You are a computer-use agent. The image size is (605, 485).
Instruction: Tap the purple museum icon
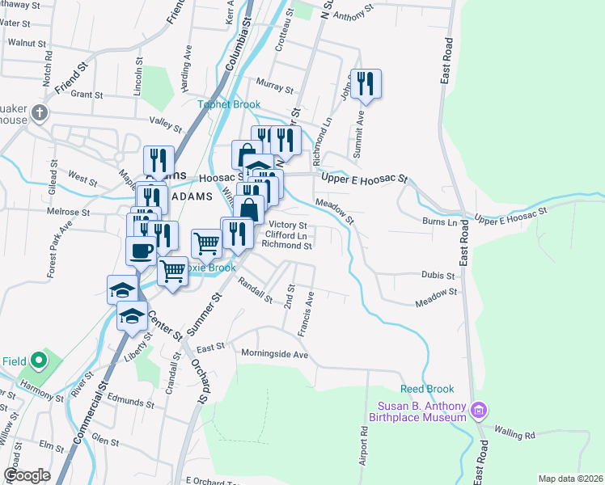click(x=479, y=411)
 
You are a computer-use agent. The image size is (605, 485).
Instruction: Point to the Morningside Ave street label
click(x=275, y=354)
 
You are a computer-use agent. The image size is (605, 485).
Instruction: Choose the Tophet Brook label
click(x=229, y=104)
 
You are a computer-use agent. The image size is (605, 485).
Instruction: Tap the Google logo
click(x=27, y=475)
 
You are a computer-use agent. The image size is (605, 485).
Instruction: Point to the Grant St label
click(x=87, y=95)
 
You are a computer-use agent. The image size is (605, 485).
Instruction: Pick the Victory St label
click(x=287, y=225)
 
